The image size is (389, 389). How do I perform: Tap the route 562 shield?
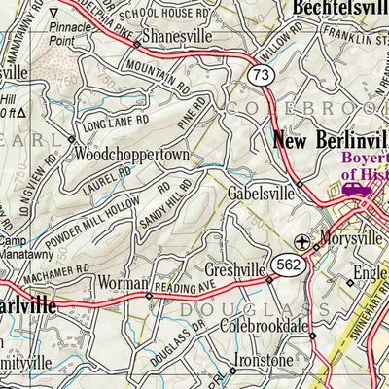(x=289, y=265)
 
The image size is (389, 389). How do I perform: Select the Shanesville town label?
(x=173, y=36)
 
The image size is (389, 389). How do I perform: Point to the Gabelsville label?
(x=261, y=194)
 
